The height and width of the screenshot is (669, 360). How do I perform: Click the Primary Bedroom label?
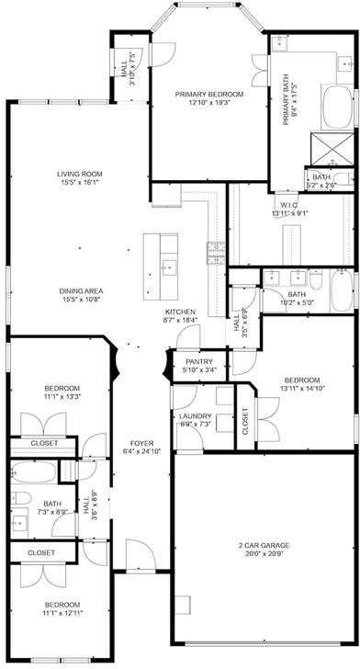(210, 94)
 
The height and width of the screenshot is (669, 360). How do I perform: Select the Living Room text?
(79, 174)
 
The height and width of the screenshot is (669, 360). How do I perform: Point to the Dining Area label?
(80, 290)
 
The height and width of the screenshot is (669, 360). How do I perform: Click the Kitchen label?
(180, 312)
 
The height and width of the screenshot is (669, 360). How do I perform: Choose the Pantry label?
(198, 362)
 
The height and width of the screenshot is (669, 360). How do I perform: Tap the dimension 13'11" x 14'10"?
(302, 389)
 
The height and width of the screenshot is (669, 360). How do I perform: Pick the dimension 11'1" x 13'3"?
(62, 396)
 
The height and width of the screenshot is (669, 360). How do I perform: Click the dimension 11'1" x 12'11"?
(62, 613)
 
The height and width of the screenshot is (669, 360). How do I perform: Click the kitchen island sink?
(168, 268)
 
